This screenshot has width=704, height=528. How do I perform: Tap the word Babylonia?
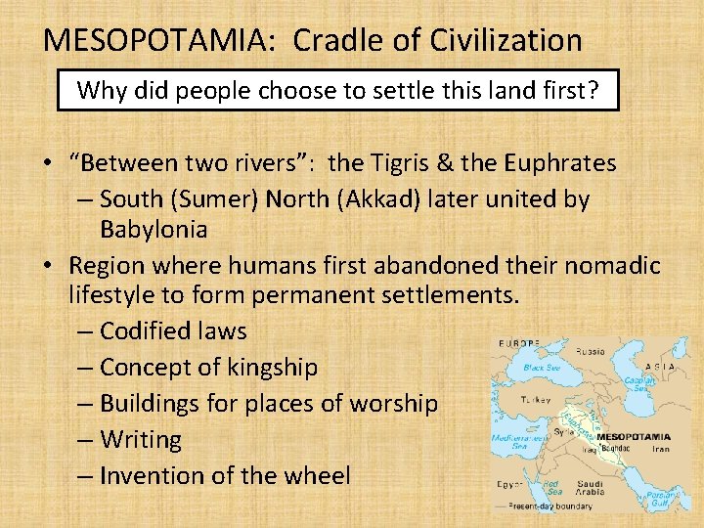154,230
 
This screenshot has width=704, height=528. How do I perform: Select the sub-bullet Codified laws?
173,331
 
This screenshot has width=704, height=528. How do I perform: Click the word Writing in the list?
141,440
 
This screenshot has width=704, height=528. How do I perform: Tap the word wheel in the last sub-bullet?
318,476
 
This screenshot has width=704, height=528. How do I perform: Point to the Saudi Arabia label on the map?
590,488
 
